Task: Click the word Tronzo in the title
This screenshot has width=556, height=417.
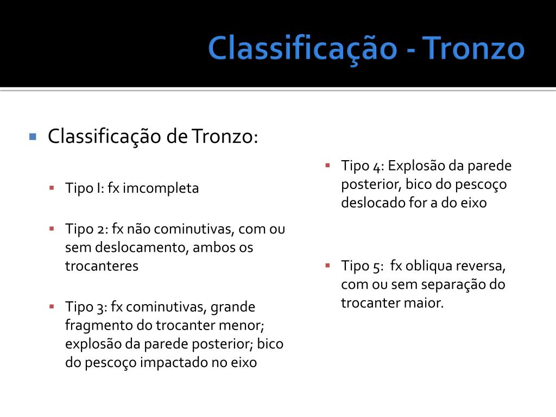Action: click(473, 48)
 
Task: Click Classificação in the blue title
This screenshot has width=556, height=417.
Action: click(302, 48)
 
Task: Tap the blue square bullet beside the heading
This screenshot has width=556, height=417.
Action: click(33, 136)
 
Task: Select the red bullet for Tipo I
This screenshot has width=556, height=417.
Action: click(52, 187)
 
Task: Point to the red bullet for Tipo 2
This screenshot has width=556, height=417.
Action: click(52, 228)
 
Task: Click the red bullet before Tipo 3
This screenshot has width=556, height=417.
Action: click(52, 306)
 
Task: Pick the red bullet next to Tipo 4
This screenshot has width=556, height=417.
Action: click(327, 165)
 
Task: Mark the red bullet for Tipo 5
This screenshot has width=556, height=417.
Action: click(327, 265)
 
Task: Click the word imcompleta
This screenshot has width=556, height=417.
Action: click(161, 188)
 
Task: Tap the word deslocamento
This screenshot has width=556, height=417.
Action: click(131, 248)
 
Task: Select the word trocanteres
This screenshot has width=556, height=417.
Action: click(102, 266)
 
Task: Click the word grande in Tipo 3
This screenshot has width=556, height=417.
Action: click(232, 307)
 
